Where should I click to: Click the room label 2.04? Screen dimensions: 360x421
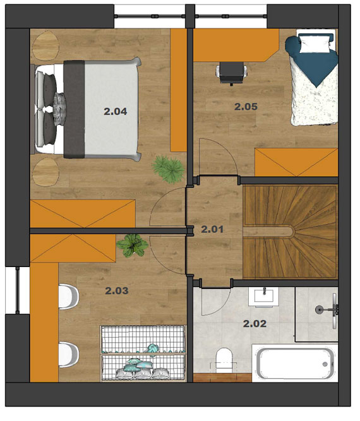116,112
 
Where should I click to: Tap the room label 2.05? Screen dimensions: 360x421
246,107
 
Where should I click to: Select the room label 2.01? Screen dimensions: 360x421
212,230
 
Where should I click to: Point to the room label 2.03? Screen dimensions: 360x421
117,290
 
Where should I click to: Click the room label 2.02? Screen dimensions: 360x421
255,324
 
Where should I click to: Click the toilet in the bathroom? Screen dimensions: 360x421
224,360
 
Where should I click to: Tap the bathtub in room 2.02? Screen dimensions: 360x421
295,362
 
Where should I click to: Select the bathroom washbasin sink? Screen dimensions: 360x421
263,297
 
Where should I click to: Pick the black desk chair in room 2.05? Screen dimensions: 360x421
231,73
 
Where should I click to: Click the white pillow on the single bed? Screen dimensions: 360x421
315,43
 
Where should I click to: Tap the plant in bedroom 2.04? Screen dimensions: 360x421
168,169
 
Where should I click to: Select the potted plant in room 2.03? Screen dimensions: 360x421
132,245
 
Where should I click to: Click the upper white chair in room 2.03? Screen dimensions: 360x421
68,297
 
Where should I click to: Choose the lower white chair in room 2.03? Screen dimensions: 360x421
68,355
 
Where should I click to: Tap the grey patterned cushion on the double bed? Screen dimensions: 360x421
59,109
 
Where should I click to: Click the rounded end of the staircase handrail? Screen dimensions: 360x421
291,232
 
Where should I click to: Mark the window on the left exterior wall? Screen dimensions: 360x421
17,290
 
